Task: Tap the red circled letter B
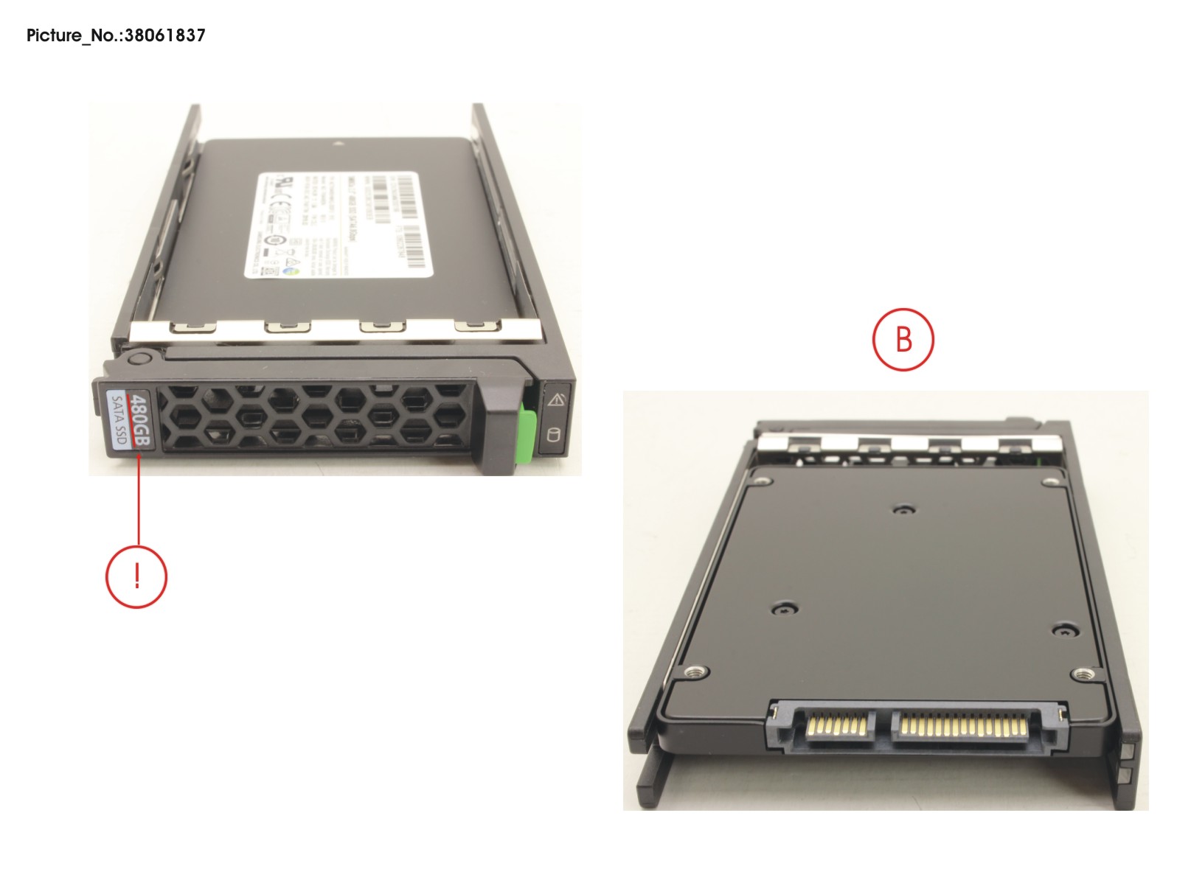[903, 340]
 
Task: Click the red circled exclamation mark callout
[136, 576]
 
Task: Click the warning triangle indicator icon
[556, 400]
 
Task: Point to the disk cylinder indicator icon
[554, 436]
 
